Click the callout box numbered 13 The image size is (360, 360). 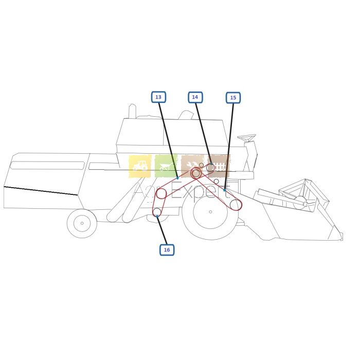(158, 97)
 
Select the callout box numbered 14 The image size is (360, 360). (195, 97)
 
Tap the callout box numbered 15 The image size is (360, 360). (233, 98)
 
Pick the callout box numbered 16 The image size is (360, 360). (167, 250)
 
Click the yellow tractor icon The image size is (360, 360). (140, 166)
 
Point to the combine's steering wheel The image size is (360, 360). (247, 138)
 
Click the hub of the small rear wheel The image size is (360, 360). (82, 223)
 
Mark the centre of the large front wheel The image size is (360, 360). (210, 212)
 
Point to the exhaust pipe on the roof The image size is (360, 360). (132, 112)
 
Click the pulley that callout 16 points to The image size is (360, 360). (157, 212)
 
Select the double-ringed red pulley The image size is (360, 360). (196, 173)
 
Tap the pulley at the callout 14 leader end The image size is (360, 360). (210, 168)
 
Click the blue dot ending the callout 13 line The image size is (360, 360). (177, 178)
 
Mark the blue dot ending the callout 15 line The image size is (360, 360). (224, 190)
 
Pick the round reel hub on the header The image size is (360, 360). (300, 203)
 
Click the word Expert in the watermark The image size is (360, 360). (200, 191)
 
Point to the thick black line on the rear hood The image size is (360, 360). (41, 191)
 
